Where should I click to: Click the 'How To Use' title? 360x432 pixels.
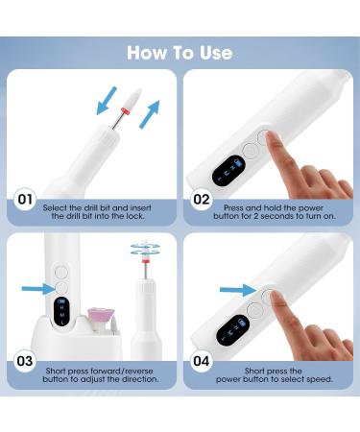coord(180,51)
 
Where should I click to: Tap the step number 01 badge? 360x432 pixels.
coord(25,201)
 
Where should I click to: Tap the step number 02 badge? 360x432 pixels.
coord(203,201)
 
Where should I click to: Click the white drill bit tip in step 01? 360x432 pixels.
coord(102,96)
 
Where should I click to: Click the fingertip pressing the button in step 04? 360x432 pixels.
coord(276,306)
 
